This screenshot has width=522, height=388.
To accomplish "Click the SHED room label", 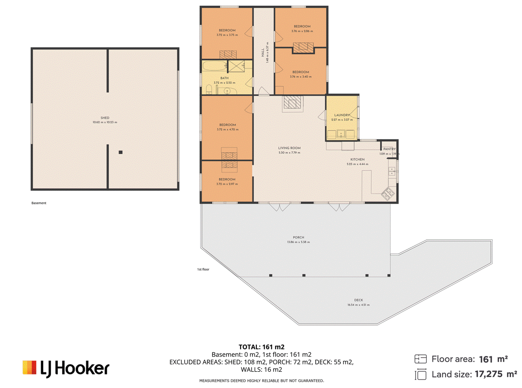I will coord(104,118).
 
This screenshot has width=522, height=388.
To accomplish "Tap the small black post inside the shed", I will coord(121,152).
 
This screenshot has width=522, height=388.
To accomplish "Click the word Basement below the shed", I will coord(39,203).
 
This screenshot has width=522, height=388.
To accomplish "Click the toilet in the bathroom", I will coord(209,90).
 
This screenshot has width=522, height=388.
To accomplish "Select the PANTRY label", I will coord(389,149).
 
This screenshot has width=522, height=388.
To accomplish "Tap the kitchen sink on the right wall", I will coord(392,171).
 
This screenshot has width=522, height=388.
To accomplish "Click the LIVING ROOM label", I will coord(289,148).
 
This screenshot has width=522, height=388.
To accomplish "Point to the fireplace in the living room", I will coord(292,102).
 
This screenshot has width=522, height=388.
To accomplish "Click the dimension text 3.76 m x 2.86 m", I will coord(302,31).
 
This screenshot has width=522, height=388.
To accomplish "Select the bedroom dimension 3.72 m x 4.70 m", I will coord(227,129).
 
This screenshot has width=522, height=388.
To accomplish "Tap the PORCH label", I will coord(298,237).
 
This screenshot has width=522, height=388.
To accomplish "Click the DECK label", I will coord(358,301).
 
